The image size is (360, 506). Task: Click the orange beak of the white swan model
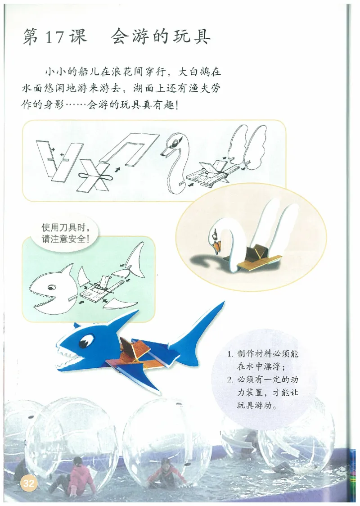point(218,246)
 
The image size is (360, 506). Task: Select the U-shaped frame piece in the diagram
point(130,149)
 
